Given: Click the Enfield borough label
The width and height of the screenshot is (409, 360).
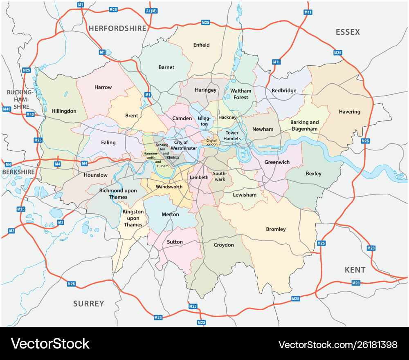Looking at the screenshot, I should (x=201, y=45).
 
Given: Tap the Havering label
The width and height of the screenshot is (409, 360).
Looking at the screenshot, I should (x=350, y=112).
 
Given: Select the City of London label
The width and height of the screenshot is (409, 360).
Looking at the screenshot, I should (x=211, y=142).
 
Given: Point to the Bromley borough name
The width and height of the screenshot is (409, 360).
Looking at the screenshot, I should (x=276, y=229).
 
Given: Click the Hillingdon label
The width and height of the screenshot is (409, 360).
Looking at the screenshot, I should (x=64, y=111).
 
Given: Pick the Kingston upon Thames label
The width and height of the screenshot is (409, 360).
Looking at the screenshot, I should (x=133, y=218).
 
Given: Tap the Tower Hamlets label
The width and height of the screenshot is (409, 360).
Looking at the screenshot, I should (x=232, y=136).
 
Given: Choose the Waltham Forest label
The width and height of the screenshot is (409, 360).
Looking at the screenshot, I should (x=241, y=94).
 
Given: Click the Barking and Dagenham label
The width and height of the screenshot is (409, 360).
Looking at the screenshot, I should (x=304, y=125).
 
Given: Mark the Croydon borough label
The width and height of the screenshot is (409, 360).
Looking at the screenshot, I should (x=224, y=245).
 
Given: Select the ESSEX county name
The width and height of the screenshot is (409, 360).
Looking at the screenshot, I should (x=348, y=32).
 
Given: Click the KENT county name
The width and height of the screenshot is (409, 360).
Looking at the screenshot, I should (x=355, y=270).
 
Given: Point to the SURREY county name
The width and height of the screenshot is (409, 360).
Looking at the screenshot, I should (x=89, y=304).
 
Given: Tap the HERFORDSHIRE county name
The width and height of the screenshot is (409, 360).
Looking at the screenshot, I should (x=117, y=28).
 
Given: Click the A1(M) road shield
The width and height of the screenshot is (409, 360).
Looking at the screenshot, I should (x=151, y=11).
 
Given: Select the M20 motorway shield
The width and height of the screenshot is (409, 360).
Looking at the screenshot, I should (x=371, y=248).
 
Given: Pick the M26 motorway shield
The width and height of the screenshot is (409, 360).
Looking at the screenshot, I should (x=356, y=283).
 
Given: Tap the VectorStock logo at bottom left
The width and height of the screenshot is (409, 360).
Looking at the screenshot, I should (x=50, y=344).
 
